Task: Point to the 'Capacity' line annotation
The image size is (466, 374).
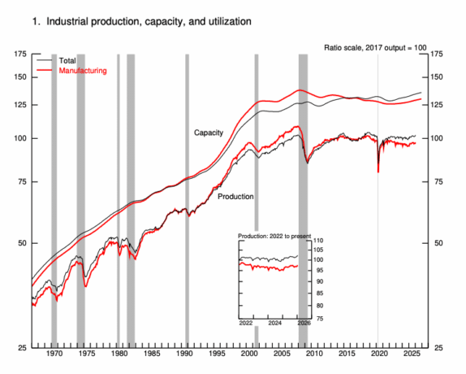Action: [x=209, y=132]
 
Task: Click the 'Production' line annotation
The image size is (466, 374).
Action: [x=235, y=196]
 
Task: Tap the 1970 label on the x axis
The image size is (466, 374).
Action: [x=54, y=355]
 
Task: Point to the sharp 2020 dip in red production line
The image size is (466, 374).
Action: [x=378, y=171]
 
